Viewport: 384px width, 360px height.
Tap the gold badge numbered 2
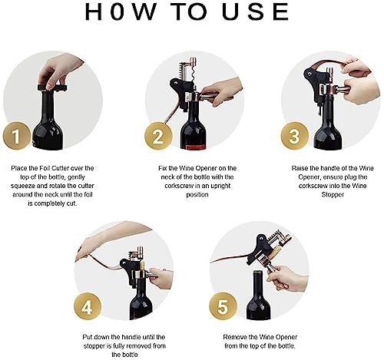[x=158, y=137]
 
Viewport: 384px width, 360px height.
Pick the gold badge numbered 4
[x=88, y=309]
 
